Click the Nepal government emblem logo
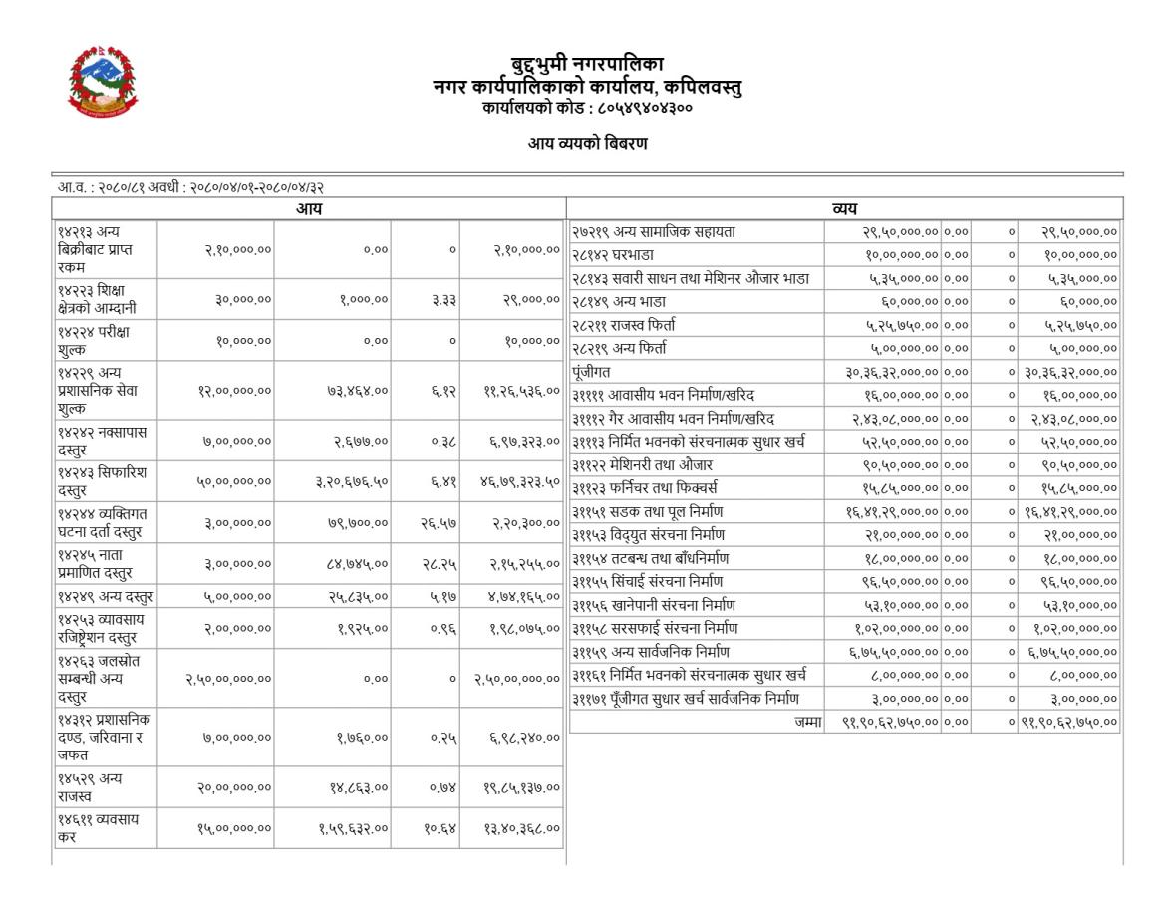click(103, 81)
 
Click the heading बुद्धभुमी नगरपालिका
click(587, 65)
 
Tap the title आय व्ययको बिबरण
click(587, 144)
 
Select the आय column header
click(309, 209)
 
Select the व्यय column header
click(845, 209)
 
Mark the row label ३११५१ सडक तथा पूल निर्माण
click(648, 511)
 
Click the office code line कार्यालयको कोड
click(587, 107)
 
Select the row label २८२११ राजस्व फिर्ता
click(624, 325)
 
